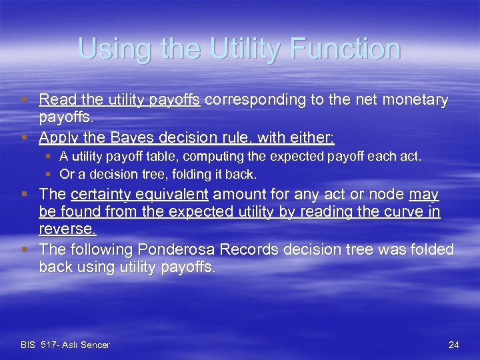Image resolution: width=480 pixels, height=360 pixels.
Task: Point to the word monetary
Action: (x=414, y=100)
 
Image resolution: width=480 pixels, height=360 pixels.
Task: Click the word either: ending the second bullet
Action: (x=313, y=137)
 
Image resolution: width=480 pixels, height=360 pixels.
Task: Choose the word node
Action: (x=385, y=195)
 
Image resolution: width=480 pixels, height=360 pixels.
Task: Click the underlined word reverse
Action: (x=67, y=230)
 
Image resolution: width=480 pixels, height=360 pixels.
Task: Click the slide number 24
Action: (x=453, y=345)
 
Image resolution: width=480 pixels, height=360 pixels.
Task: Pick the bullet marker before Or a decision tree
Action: (x=49, y=175)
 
